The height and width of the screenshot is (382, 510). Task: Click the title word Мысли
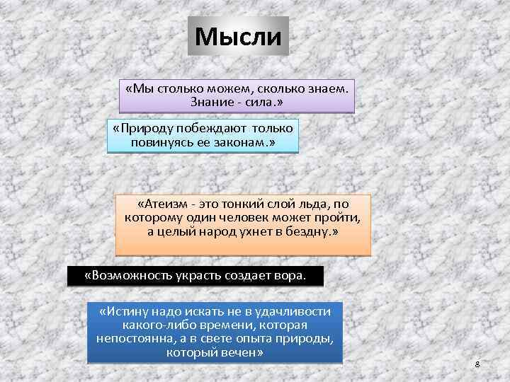click(x=238, y=36)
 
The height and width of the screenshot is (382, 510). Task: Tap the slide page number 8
click(x=477, y=364)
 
